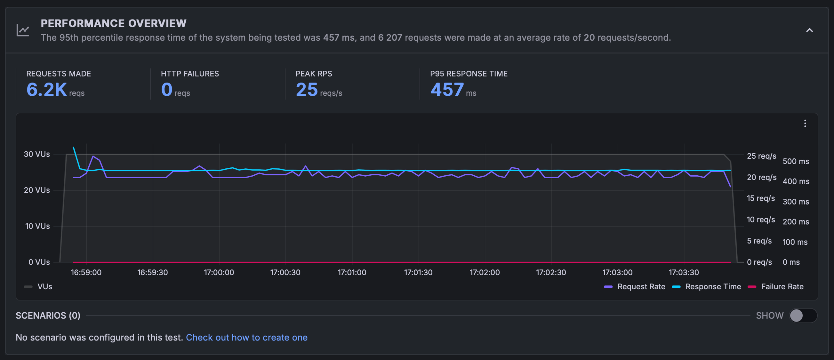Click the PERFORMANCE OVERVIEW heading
[113, 23]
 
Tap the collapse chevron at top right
[809, 30]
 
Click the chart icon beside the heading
[23, 31]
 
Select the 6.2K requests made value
[47, 90]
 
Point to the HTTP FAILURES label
[190, 74]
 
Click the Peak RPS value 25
[307, 90]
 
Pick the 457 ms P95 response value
[447, 90]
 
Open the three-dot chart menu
[805, 123]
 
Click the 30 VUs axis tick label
[37, 154]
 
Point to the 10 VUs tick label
[37, 226]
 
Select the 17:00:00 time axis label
[219, 272]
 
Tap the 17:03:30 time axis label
[684, 272]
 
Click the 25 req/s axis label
[761, 156]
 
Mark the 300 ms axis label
[796, 202]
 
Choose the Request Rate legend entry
[641, 287]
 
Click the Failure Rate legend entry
[782, 287]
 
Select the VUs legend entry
[44, 287]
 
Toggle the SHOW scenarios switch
[803, 315]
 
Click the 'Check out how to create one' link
[247, 338]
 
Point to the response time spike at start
[74, 148]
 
